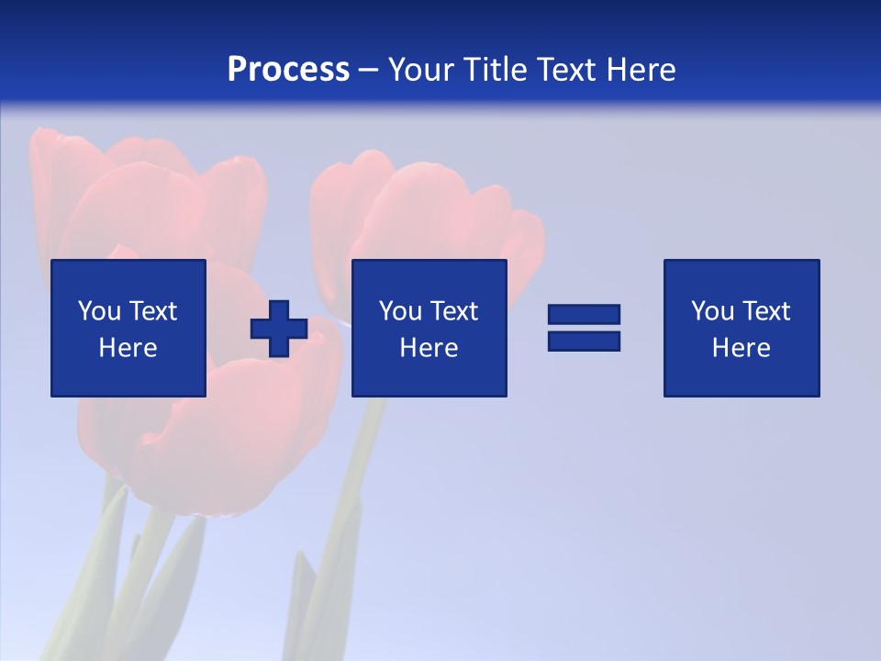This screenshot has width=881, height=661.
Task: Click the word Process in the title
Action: (x=288, y=70)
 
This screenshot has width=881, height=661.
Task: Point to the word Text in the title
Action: (x=568, y=70)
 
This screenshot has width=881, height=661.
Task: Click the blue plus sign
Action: (x=279, y=329)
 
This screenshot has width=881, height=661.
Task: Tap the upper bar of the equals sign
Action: (x=584, y=315)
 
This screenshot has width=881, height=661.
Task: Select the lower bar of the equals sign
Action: (x=584, y=341)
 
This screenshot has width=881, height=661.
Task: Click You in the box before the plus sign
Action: (x=99, y=311)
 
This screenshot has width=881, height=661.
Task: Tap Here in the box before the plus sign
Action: (x=128, y=348)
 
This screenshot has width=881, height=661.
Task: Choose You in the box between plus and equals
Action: (x=400, y=311)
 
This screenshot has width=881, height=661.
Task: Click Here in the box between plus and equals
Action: (x=429, y=348)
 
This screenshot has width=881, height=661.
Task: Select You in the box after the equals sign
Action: (x=712, y=311)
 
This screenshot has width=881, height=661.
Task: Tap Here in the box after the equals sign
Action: (x=741, y=348)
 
